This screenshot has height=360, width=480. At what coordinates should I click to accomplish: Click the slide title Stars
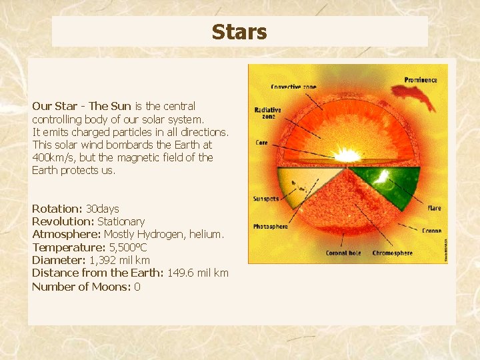[x=239, y=32]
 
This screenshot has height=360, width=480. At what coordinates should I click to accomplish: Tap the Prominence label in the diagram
[x=421, y=80]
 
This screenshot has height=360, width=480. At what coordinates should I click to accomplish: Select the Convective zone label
[x=294, y=87]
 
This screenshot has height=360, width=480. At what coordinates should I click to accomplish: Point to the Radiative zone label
[x=267, y=113]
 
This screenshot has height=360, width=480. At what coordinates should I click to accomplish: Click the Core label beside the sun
[x=261, y=143]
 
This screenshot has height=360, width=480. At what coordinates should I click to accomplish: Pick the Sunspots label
[x=265, y=199]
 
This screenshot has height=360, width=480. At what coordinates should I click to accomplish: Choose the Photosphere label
[x=270, y=227]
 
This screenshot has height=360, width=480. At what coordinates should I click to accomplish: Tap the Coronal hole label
[x=343, y=253]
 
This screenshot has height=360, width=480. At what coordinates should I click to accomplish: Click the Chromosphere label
[x=392, y=253]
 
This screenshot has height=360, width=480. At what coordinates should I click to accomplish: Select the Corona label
[x=431, y=231]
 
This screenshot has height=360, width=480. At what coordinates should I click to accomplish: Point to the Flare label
[x=434, y=208]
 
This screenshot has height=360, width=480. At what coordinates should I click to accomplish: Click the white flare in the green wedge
[x=384, y=177]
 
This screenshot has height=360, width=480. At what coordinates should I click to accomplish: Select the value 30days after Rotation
[x=103, y=209]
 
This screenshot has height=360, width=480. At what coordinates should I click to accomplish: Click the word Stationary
[x=121, y=221]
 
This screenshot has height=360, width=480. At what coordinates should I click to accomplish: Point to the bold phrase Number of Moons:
[x=81, y=287]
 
